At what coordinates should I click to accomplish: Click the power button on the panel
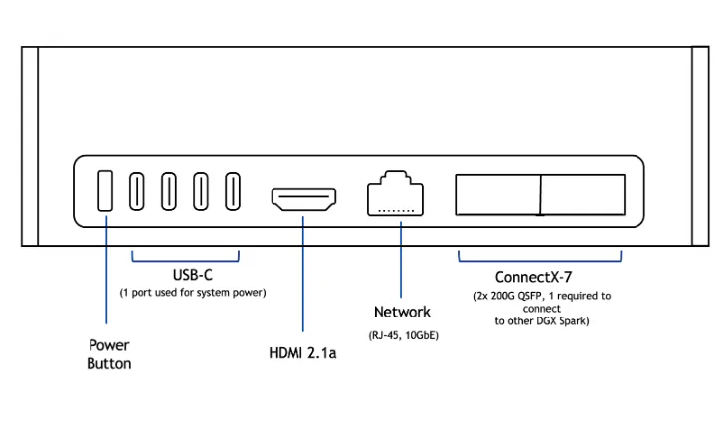(104, 191)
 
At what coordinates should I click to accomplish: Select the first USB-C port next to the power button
(138, 191)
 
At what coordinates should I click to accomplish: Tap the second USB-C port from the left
(169, 191)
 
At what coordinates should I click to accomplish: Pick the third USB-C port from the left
(201, 191)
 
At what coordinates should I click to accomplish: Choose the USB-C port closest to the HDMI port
(233, 191)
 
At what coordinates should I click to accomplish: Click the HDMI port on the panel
(302, 198)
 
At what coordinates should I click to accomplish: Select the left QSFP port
(497, 195)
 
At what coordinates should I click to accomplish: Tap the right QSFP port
(583, 195)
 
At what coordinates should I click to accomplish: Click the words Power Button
(109, 354)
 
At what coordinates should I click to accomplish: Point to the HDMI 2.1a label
(303, 353)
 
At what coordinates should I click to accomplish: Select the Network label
(402, 313)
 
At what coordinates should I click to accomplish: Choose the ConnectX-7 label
(541, 277)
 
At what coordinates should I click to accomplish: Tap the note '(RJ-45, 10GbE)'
(402, 336)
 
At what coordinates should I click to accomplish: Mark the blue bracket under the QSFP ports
(540, 259)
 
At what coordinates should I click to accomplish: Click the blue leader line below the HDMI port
(302, 279)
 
